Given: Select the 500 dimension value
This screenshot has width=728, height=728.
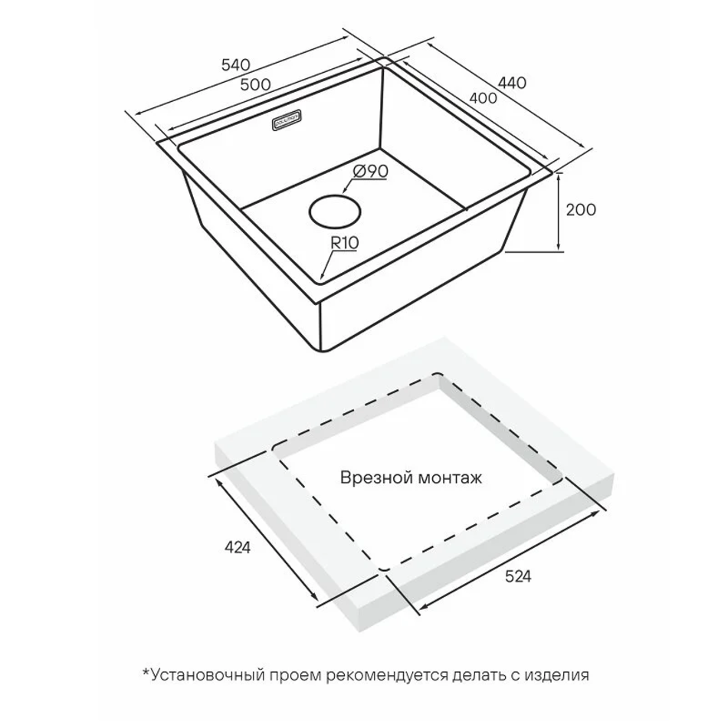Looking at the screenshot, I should click(254, 84).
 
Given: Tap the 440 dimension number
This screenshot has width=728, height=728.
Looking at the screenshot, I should click(512, 82).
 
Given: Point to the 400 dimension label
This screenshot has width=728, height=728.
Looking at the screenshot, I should click(483, 98).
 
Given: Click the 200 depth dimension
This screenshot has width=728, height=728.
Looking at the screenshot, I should click(580, 209).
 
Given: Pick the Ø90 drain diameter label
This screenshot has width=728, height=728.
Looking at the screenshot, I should click(370, 172).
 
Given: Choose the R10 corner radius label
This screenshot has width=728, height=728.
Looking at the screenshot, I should click(345, 243).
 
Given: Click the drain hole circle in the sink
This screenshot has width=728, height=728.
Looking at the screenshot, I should click(336, 210).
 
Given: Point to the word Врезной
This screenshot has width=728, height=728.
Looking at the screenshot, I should click(372, 478).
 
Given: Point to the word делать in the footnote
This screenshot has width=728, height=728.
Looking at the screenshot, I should click(480, 675).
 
